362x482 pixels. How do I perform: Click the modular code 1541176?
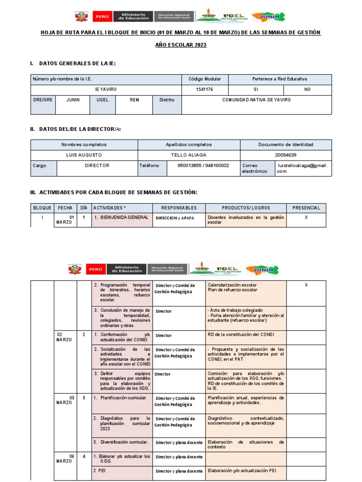[x=205, y=89]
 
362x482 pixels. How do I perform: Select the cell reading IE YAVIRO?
[x=106, y=89]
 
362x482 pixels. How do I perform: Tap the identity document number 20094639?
[x=286, y=155]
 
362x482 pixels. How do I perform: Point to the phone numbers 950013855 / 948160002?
[x=203, y=166]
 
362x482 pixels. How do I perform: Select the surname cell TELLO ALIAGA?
[x=189, y=155]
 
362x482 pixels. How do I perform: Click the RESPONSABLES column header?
[x=179, y=208]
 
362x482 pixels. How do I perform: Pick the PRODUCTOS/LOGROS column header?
[x=246, y=208]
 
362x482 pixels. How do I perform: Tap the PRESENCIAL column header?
[x=306, y=208]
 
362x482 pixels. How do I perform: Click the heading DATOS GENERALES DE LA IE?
[x=77, y=63]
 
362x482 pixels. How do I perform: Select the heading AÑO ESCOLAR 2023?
[x=181, y=45]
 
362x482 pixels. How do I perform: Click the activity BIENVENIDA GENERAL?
[x=121, y=217]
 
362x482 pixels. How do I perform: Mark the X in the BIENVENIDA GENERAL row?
[x=306, y=217]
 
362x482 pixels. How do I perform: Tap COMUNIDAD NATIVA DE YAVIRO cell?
[x=256, y=100]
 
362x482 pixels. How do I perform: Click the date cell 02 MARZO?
[x=65, y=337]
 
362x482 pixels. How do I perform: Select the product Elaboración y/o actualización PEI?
[x=241, y=470]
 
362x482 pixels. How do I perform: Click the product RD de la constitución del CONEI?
[x=240, y=335]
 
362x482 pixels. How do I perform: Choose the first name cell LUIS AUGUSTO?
[x=84, y=155]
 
